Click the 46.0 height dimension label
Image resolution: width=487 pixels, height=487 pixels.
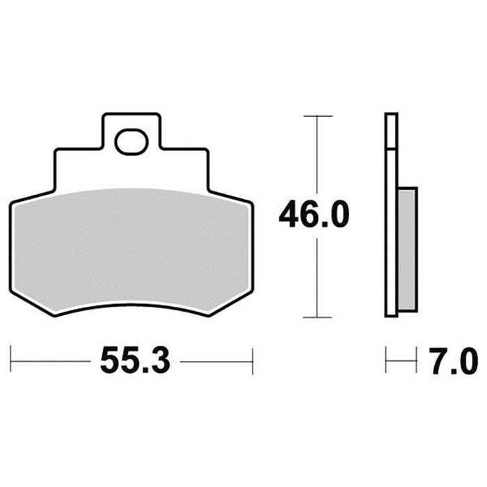point(314,214)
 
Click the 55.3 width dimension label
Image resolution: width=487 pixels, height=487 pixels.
point(136,362)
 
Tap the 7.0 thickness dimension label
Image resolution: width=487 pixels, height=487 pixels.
point(453,362)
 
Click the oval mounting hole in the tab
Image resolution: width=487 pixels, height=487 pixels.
point(131,142)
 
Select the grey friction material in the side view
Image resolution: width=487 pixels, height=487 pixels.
point(407,249)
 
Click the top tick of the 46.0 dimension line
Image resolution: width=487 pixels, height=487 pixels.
point(318,116)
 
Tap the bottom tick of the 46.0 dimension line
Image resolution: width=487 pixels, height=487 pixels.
point(317,317)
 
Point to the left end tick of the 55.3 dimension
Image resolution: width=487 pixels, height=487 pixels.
point(10,358)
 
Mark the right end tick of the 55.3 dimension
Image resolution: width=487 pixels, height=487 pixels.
point(253,361)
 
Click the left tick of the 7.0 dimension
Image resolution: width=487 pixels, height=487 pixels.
point(385,360)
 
